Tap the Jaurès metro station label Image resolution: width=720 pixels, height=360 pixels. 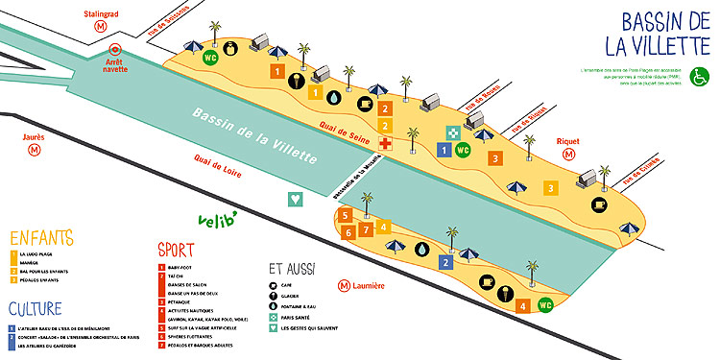(35, 136)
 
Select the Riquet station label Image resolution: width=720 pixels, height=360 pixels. (568, 140)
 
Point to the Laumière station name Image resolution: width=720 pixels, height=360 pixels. (368, 285)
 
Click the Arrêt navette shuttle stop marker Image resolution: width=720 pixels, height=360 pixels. (115, 49)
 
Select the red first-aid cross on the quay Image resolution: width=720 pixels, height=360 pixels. (385, 144)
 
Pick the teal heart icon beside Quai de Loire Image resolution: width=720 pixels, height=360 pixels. (296, 199)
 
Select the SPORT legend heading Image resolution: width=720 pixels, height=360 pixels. (177, 250)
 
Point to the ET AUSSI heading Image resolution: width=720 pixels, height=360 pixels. (293, 270)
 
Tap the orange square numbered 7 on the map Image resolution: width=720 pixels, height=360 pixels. (366, 230)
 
